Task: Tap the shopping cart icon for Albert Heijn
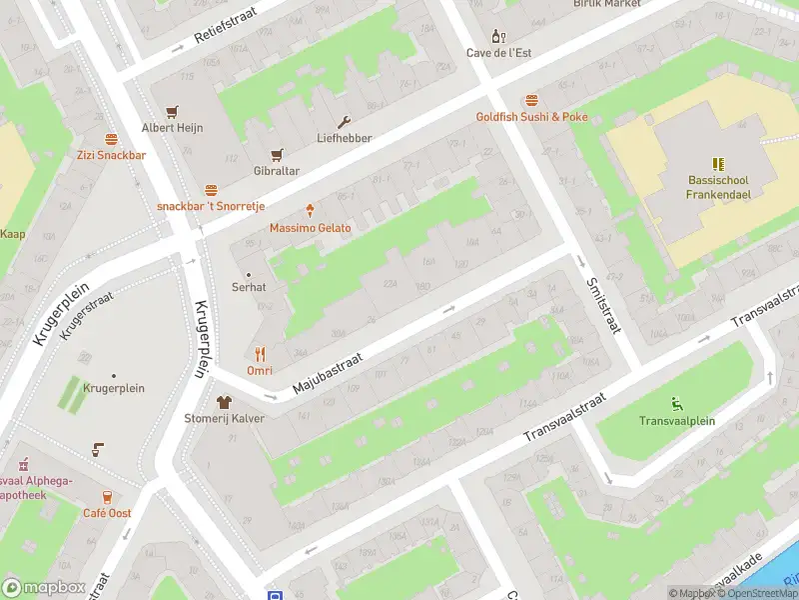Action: [x=172, y=111]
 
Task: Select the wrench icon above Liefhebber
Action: [x=345, y=122]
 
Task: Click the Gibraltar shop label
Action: [x=277, y=171]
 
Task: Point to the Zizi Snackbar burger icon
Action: [x=111, y=139]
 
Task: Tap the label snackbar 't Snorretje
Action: [x=211, y=206]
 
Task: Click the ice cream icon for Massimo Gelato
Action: [x=311, y=211]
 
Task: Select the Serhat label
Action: [x=250, y=287]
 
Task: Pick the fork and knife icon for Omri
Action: [x=260, y=353]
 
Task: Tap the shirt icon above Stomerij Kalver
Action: [x=224, y=401]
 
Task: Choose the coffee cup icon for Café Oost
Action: [x=107, y=496]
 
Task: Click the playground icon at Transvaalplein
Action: [x=677, y=404]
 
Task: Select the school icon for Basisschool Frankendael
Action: [x=717, y=163]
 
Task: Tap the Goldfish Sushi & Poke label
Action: [x=531, y=117]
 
